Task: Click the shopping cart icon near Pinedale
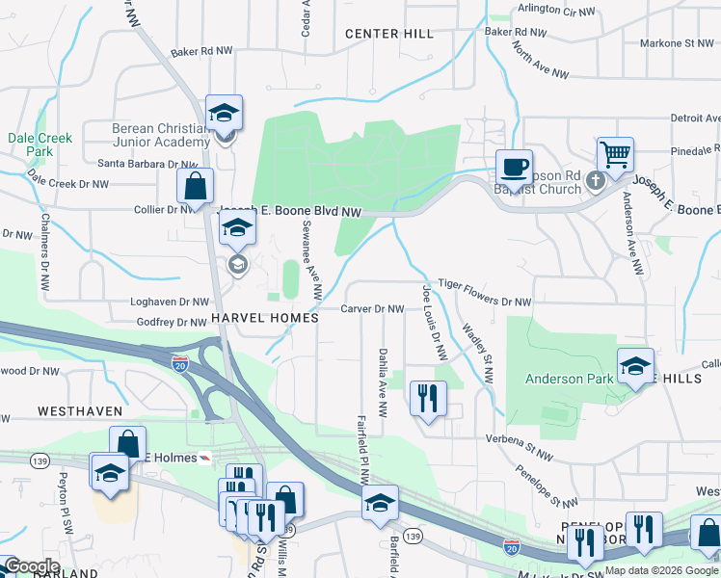[615, 154]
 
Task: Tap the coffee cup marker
[514, 168]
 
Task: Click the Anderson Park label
[569, 379]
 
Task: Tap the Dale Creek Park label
[40, 144]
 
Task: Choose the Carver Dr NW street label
[372, 309]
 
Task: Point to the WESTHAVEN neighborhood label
[80, 411]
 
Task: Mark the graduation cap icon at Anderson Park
[635, 367]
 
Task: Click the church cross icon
[596, 179]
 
